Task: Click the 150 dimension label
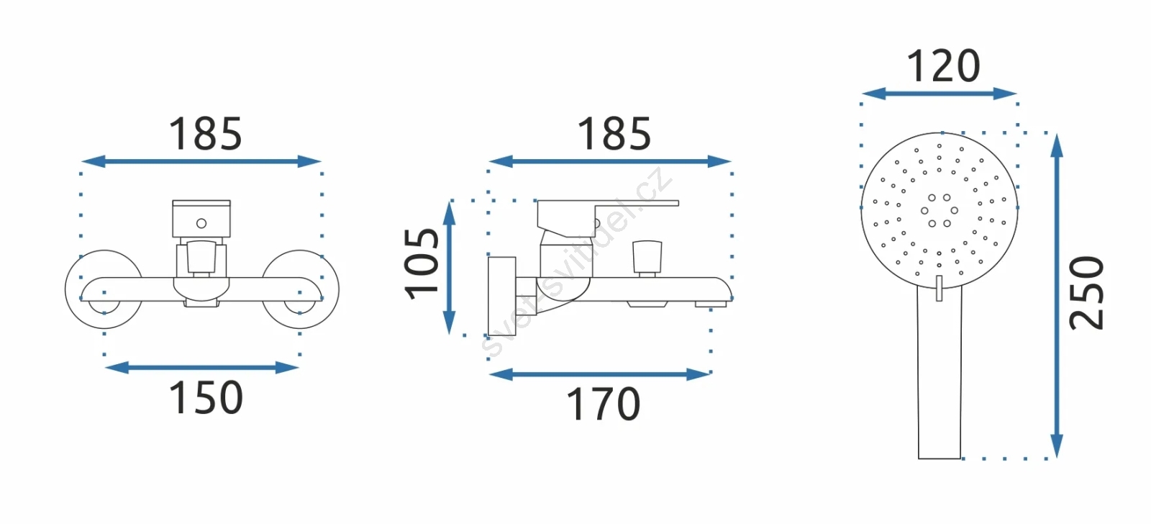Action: (206, 397)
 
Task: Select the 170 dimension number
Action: (604, 405)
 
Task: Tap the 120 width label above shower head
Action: (943, 65)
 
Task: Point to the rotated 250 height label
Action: (1086, 293)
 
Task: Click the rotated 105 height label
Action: (422, 264)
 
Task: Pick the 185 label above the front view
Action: (206, 134)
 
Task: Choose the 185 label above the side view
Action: (614, 134)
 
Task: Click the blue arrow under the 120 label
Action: (940, 94)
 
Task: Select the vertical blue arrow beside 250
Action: (1057, 296)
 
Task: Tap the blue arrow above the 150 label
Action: (202, 367)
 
